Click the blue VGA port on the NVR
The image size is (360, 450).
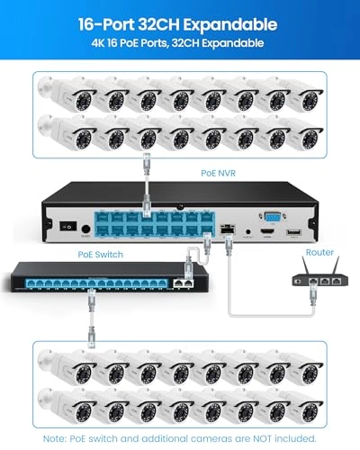pyautogui.click(x=270, y=217)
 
